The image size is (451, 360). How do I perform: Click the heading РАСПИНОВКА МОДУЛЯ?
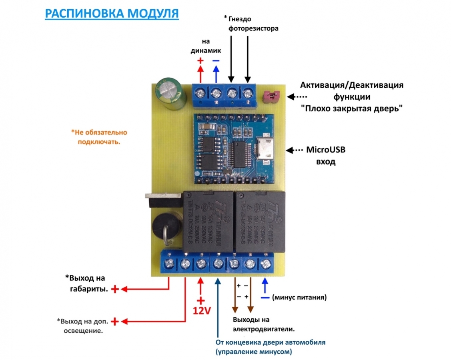pos(112,13)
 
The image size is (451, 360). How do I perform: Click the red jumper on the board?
pos(271,97)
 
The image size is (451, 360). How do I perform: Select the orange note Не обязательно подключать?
pos(99,137)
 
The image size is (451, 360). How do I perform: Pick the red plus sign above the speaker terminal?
pos(200,61)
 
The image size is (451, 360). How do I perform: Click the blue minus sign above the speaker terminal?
pos(216,61)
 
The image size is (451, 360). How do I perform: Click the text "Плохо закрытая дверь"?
pos(351,109)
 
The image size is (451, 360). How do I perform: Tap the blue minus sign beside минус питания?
pos(265,298)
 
